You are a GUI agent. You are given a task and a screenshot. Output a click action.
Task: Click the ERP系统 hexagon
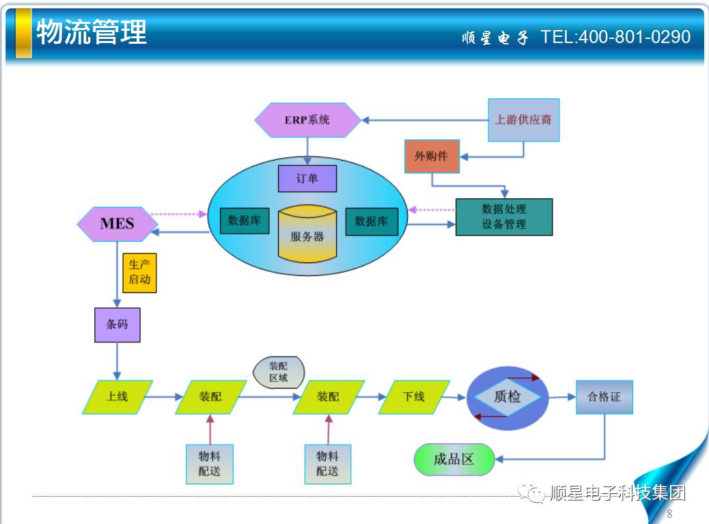(x=308, y=120)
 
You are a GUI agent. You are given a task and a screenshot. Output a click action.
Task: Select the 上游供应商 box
(x=523, y=120)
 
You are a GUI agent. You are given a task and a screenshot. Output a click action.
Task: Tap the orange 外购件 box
(x=432, y=156)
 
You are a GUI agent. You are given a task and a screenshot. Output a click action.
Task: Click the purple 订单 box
(x=307, y=178)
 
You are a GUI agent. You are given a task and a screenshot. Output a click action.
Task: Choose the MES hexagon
(x=117, y=223)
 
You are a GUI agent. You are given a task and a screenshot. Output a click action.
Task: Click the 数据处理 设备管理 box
(x=504, y=217)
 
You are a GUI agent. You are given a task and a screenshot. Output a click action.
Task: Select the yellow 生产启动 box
(x=139, y=272)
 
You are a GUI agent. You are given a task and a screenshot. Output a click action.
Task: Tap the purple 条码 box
(x=117, y=324)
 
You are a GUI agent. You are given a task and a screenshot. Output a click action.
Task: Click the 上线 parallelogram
(x=117, y=397)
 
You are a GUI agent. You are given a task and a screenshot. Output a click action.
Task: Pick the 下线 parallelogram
(x=414, y=397)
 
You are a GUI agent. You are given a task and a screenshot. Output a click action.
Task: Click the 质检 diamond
(x=508, y=397)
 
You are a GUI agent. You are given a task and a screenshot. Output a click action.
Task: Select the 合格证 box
(x=604, y=396)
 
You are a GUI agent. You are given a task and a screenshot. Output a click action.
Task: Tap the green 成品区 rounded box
(x=454, y=459)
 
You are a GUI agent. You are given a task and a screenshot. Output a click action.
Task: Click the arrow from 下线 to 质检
(x=458, y=397)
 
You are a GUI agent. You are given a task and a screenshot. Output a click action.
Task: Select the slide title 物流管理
(x=92, y=32)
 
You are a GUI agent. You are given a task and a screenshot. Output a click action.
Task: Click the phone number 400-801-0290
(x=635, y=37)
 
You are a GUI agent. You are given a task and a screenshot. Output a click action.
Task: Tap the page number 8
(x=669, y=514)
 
